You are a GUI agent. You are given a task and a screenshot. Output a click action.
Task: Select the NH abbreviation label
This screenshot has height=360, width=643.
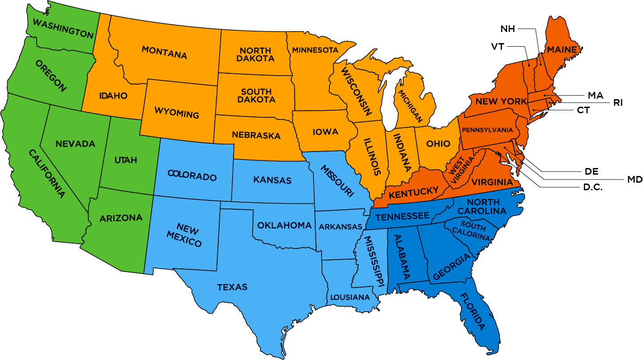508,29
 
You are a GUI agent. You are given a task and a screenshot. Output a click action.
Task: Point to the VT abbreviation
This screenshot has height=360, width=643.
498,46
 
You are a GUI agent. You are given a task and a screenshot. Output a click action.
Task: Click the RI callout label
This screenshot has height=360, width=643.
618,103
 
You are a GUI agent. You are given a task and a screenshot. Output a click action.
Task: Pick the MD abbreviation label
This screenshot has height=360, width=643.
635,179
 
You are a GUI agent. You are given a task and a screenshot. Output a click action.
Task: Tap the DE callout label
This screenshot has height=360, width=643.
591,171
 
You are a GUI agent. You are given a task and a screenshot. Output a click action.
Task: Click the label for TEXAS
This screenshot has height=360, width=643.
232,287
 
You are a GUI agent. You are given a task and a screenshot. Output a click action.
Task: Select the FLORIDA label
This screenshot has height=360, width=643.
472,311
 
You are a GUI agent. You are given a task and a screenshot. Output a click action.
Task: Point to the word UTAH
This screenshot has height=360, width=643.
126,160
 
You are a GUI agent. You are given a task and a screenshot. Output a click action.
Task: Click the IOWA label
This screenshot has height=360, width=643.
326,132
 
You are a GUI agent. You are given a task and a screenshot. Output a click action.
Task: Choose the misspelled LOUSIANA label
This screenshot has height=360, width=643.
350,297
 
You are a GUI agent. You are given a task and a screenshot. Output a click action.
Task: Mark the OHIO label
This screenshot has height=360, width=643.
438,144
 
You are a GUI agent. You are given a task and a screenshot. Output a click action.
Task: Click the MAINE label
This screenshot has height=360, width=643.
562,49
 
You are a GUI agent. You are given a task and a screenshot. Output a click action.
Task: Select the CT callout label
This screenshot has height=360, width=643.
583,110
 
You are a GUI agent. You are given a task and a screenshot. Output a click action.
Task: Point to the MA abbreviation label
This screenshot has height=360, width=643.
595,95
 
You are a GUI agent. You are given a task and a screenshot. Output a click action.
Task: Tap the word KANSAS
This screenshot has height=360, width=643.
272,180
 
